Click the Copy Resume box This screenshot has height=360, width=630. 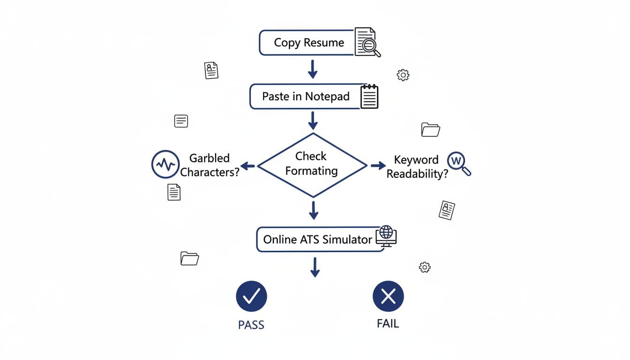[307, 43]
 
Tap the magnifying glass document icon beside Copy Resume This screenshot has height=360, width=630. [367, 43]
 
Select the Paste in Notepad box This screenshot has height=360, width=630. [305, 97]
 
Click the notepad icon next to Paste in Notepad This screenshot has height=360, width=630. [369, 97]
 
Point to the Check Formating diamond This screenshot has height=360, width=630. [312, 165]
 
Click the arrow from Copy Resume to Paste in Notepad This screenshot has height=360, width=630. [312, 69]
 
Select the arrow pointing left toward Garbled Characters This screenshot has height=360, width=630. [248, 165]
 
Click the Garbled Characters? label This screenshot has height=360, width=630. [210, 165]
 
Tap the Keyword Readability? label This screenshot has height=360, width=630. [416, 166]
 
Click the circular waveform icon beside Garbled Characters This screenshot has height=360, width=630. [165, 164]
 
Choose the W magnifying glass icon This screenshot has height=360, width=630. [458, 164]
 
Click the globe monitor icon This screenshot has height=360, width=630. [386, 236]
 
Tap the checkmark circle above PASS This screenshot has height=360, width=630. [251, 296]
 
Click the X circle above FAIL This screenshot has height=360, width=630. [388, 296]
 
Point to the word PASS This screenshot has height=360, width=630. [251, 325]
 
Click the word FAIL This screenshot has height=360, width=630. [388, 323]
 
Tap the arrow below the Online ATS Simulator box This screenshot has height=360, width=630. [315, 267]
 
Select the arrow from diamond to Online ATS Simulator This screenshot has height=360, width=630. [313, 210]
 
